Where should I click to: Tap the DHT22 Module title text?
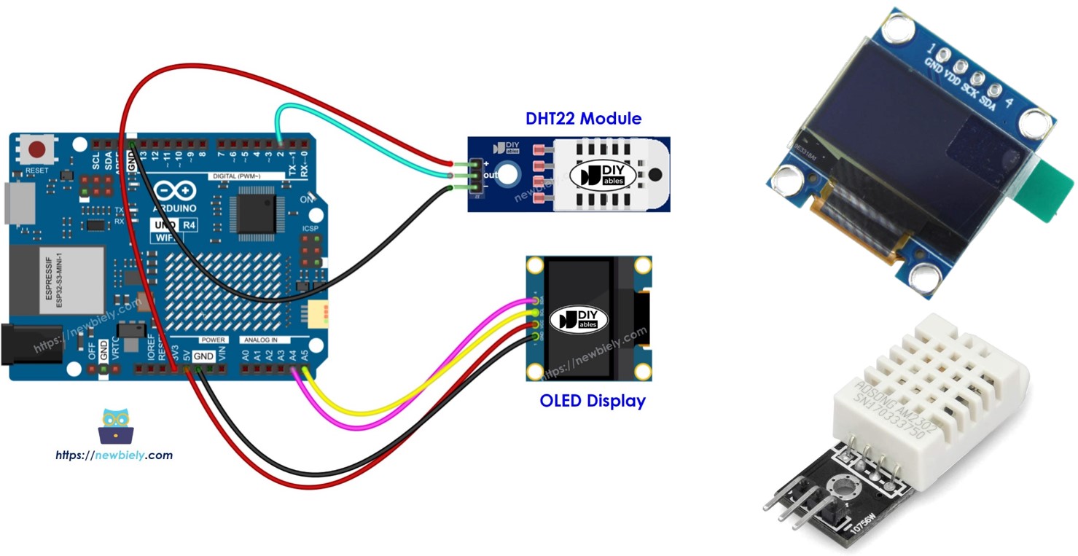click(x=583, y=118)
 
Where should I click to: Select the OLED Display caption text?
click(x=592, y=400)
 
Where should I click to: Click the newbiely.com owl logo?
click(x=115, y=426)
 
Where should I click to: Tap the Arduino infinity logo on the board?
click(x=175, y=192)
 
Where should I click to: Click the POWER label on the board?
click(x=214, y=340)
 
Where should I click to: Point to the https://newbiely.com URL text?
click(x=114, y=455)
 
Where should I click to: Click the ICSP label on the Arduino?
click(x=310, y=229)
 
